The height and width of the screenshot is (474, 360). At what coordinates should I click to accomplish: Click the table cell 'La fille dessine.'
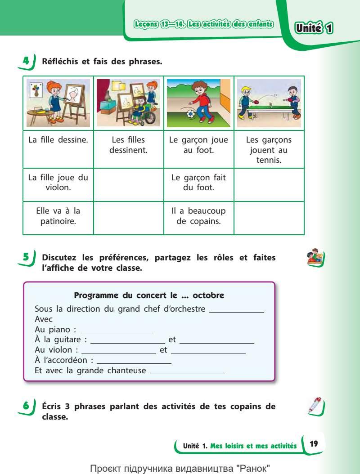(x=58, y=140)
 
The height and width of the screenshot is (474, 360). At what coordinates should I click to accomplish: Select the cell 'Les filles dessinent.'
(x=128, y=145)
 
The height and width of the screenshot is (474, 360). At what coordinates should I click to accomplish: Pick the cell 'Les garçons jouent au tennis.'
(x=269, y=150)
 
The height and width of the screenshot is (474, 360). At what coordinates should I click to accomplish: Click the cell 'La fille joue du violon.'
(x=58, y=182)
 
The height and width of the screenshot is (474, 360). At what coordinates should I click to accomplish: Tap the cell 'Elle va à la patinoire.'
(x=58, y=215)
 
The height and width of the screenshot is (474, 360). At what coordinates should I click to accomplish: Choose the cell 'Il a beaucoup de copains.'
(x=198, y=215)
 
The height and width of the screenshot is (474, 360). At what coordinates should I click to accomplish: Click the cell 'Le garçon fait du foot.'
(x=198, y=182)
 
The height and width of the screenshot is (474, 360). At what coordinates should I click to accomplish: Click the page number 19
(x=314, y=444)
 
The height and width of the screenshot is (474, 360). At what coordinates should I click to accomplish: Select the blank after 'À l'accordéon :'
(x=134, y=362)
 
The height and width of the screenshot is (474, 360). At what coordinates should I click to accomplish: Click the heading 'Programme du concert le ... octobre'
(x=149, y=295)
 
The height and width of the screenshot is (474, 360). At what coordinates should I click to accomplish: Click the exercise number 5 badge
(x=27, y=258)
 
